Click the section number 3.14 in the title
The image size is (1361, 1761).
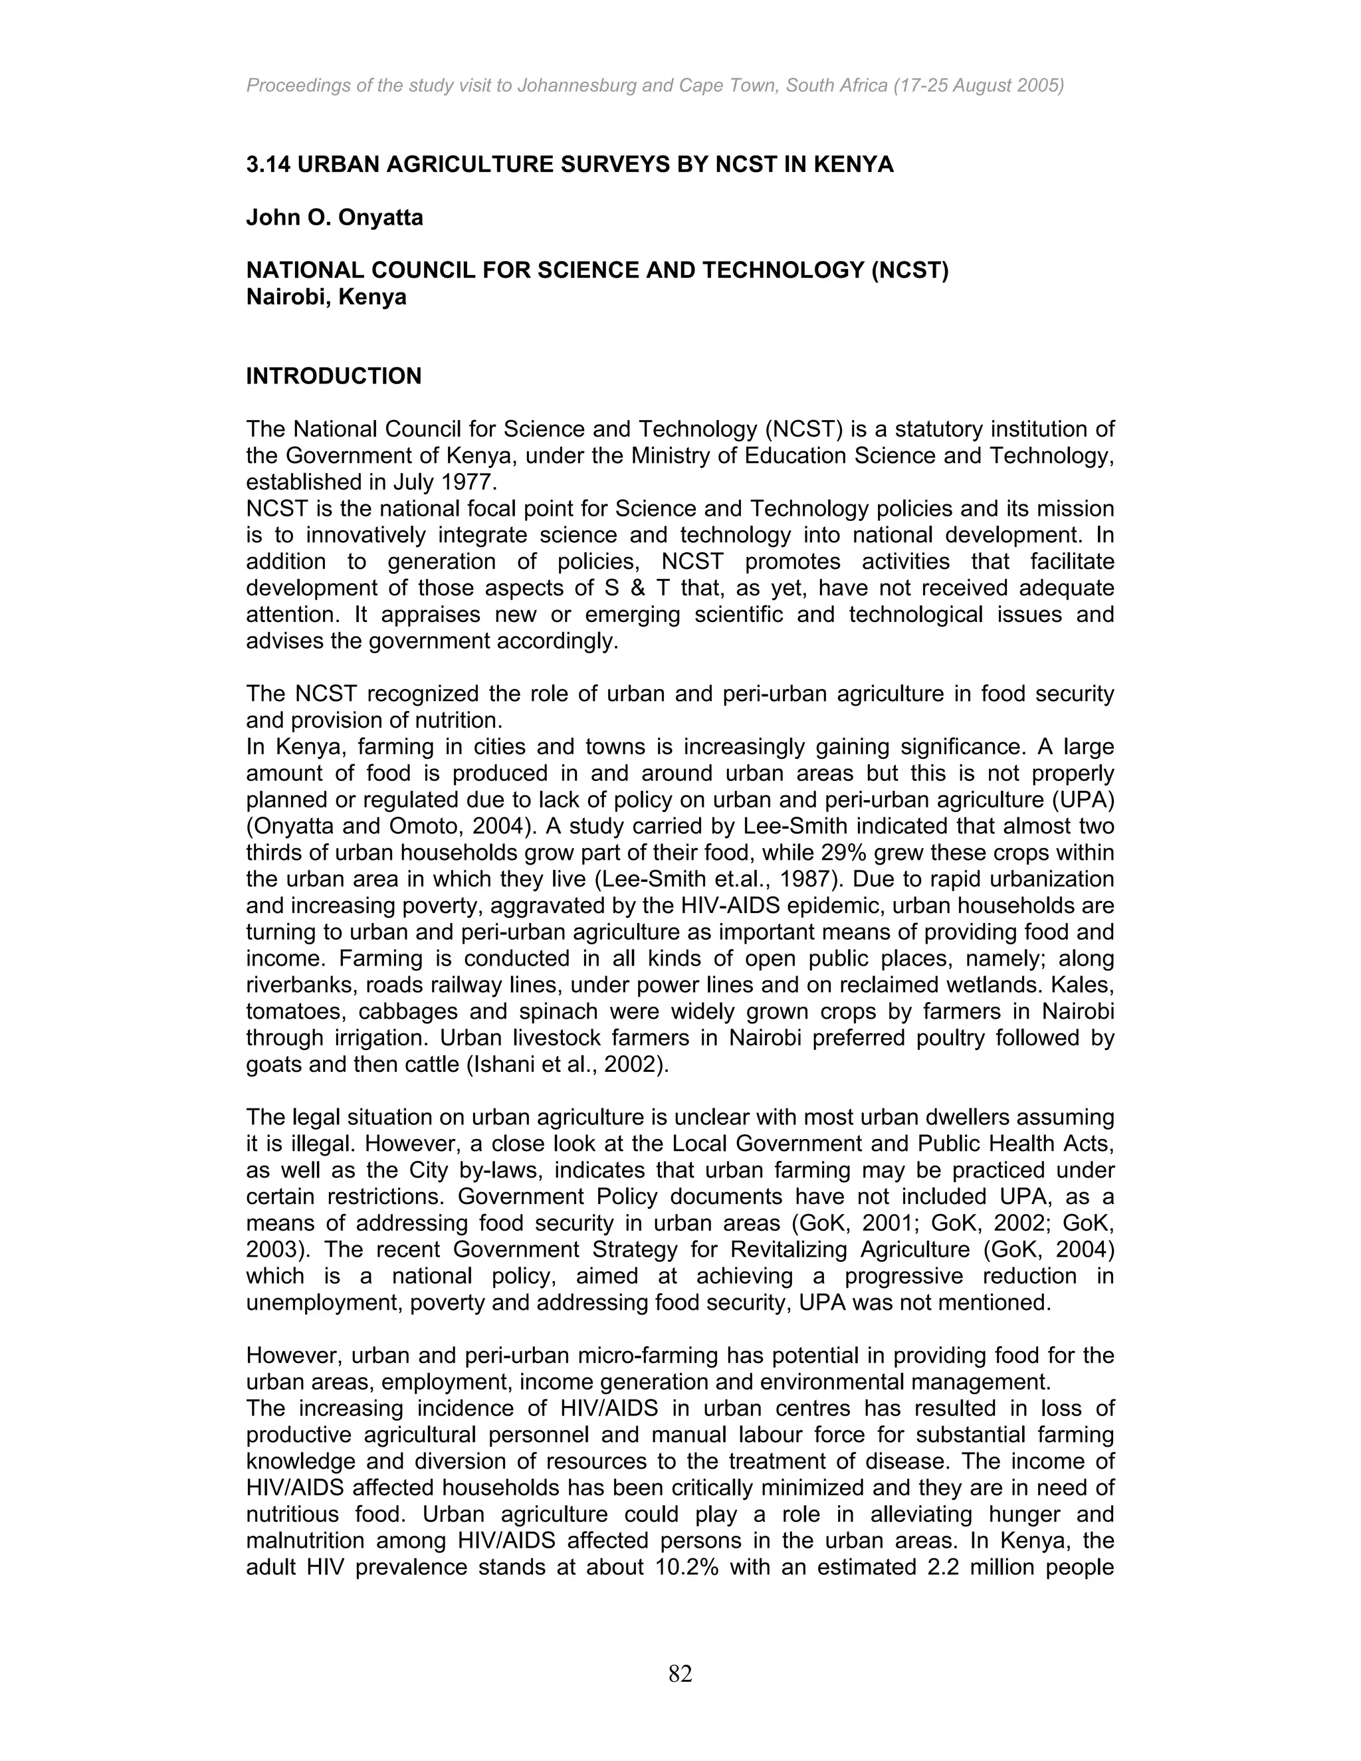click(x=268, y=165)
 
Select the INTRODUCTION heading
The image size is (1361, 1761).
click(x=333, y=377)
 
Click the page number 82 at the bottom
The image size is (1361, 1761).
click(x=680, y=1674)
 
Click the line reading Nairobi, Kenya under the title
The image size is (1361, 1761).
click(x=326, y=298)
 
